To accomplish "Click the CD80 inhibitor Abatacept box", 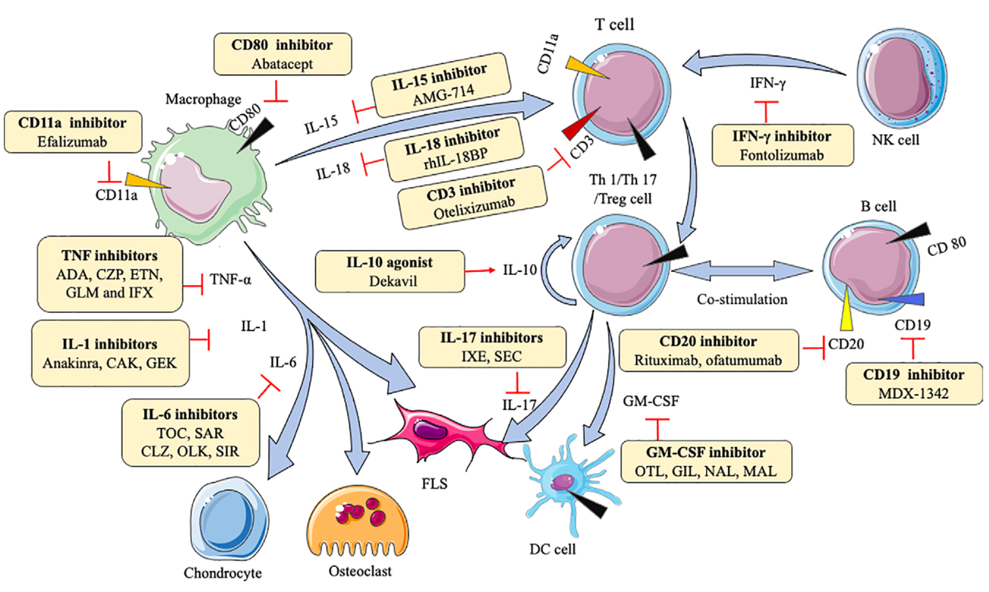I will [283, 54].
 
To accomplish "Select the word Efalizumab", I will [72, 142].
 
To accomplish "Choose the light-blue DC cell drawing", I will [566, 483].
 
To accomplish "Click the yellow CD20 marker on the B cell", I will [846, 312].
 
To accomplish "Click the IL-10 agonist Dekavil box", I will [389, 271].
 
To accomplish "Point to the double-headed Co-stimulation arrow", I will [742, 271].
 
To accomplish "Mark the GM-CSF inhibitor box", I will [706, 462].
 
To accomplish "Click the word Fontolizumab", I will [782, 155].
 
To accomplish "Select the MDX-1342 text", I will [913, 394].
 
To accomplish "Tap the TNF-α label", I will [230, 280].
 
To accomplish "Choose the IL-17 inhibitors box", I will [492, 347].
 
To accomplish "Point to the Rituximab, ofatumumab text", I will [708, 361].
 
